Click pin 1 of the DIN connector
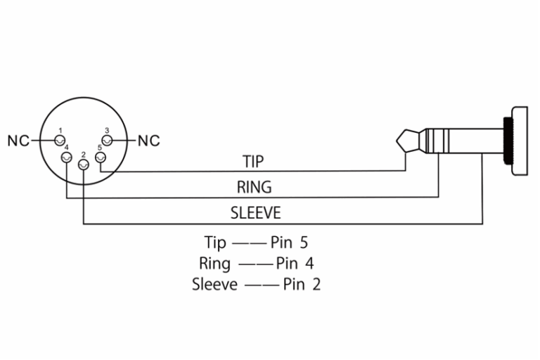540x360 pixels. [x=60, y=141]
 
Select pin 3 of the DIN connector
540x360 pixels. [x=107, y=141]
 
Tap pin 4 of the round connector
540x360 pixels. [x=66, y=157]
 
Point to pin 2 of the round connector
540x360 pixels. [x=84, y=165]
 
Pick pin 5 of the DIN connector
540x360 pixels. [x=101, y=157]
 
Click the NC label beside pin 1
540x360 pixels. [x=18, y=141]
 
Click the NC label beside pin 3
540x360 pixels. [x=149, y=141]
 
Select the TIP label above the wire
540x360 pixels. [x=253, y=161]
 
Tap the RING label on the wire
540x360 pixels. [x=254, y=187]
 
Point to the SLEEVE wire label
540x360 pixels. [x=255, y=213]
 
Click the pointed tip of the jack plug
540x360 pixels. [x=397, y=141]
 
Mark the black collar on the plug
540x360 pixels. [x=508, y=140]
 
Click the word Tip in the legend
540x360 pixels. [x=215, y=243]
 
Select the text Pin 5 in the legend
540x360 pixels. [x=289, y=243]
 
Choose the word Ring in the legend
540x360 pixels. [x=214, y=264]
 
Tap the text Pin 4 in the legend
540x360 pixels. [x=295, y=264]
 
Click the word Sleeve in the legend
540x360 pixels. [x=214, y=285]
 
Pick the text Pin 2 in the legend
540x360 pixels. [x=302, y=285]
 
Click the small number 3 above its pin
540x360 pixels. [x=107, y=131]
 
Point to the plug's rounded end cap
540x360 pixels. [x=520, y=141]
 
